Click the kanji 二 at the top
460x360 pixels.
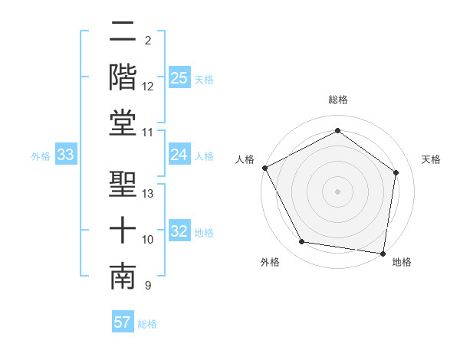[123, 32]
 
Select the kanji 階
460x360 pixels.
[123, 77]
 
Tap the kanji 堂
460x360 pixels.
[123, 123]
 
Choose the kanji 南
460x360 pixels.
[123, 277]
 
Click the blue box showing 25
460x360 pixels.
[179, 78]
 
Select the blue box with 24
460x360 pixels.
[179, 155]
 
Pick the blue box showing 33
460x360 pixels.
[66, 155]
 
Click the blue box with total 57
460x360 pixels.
[123, 322]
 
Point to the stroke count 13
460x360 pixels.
[148, 194]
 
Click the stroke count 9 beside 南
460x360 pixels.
[147, 286]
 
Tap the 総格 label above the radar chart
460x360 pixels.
[338, 100]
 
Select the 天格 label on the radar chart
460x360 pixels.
[431, 159]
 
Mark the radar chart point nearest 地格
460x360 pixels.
[383, 253]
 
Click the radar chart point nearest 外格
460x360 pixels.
[302, 242]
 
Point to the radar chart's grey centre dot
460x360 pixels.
[338, 191]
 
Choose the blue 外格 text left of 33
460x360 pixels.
[41, 156]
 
